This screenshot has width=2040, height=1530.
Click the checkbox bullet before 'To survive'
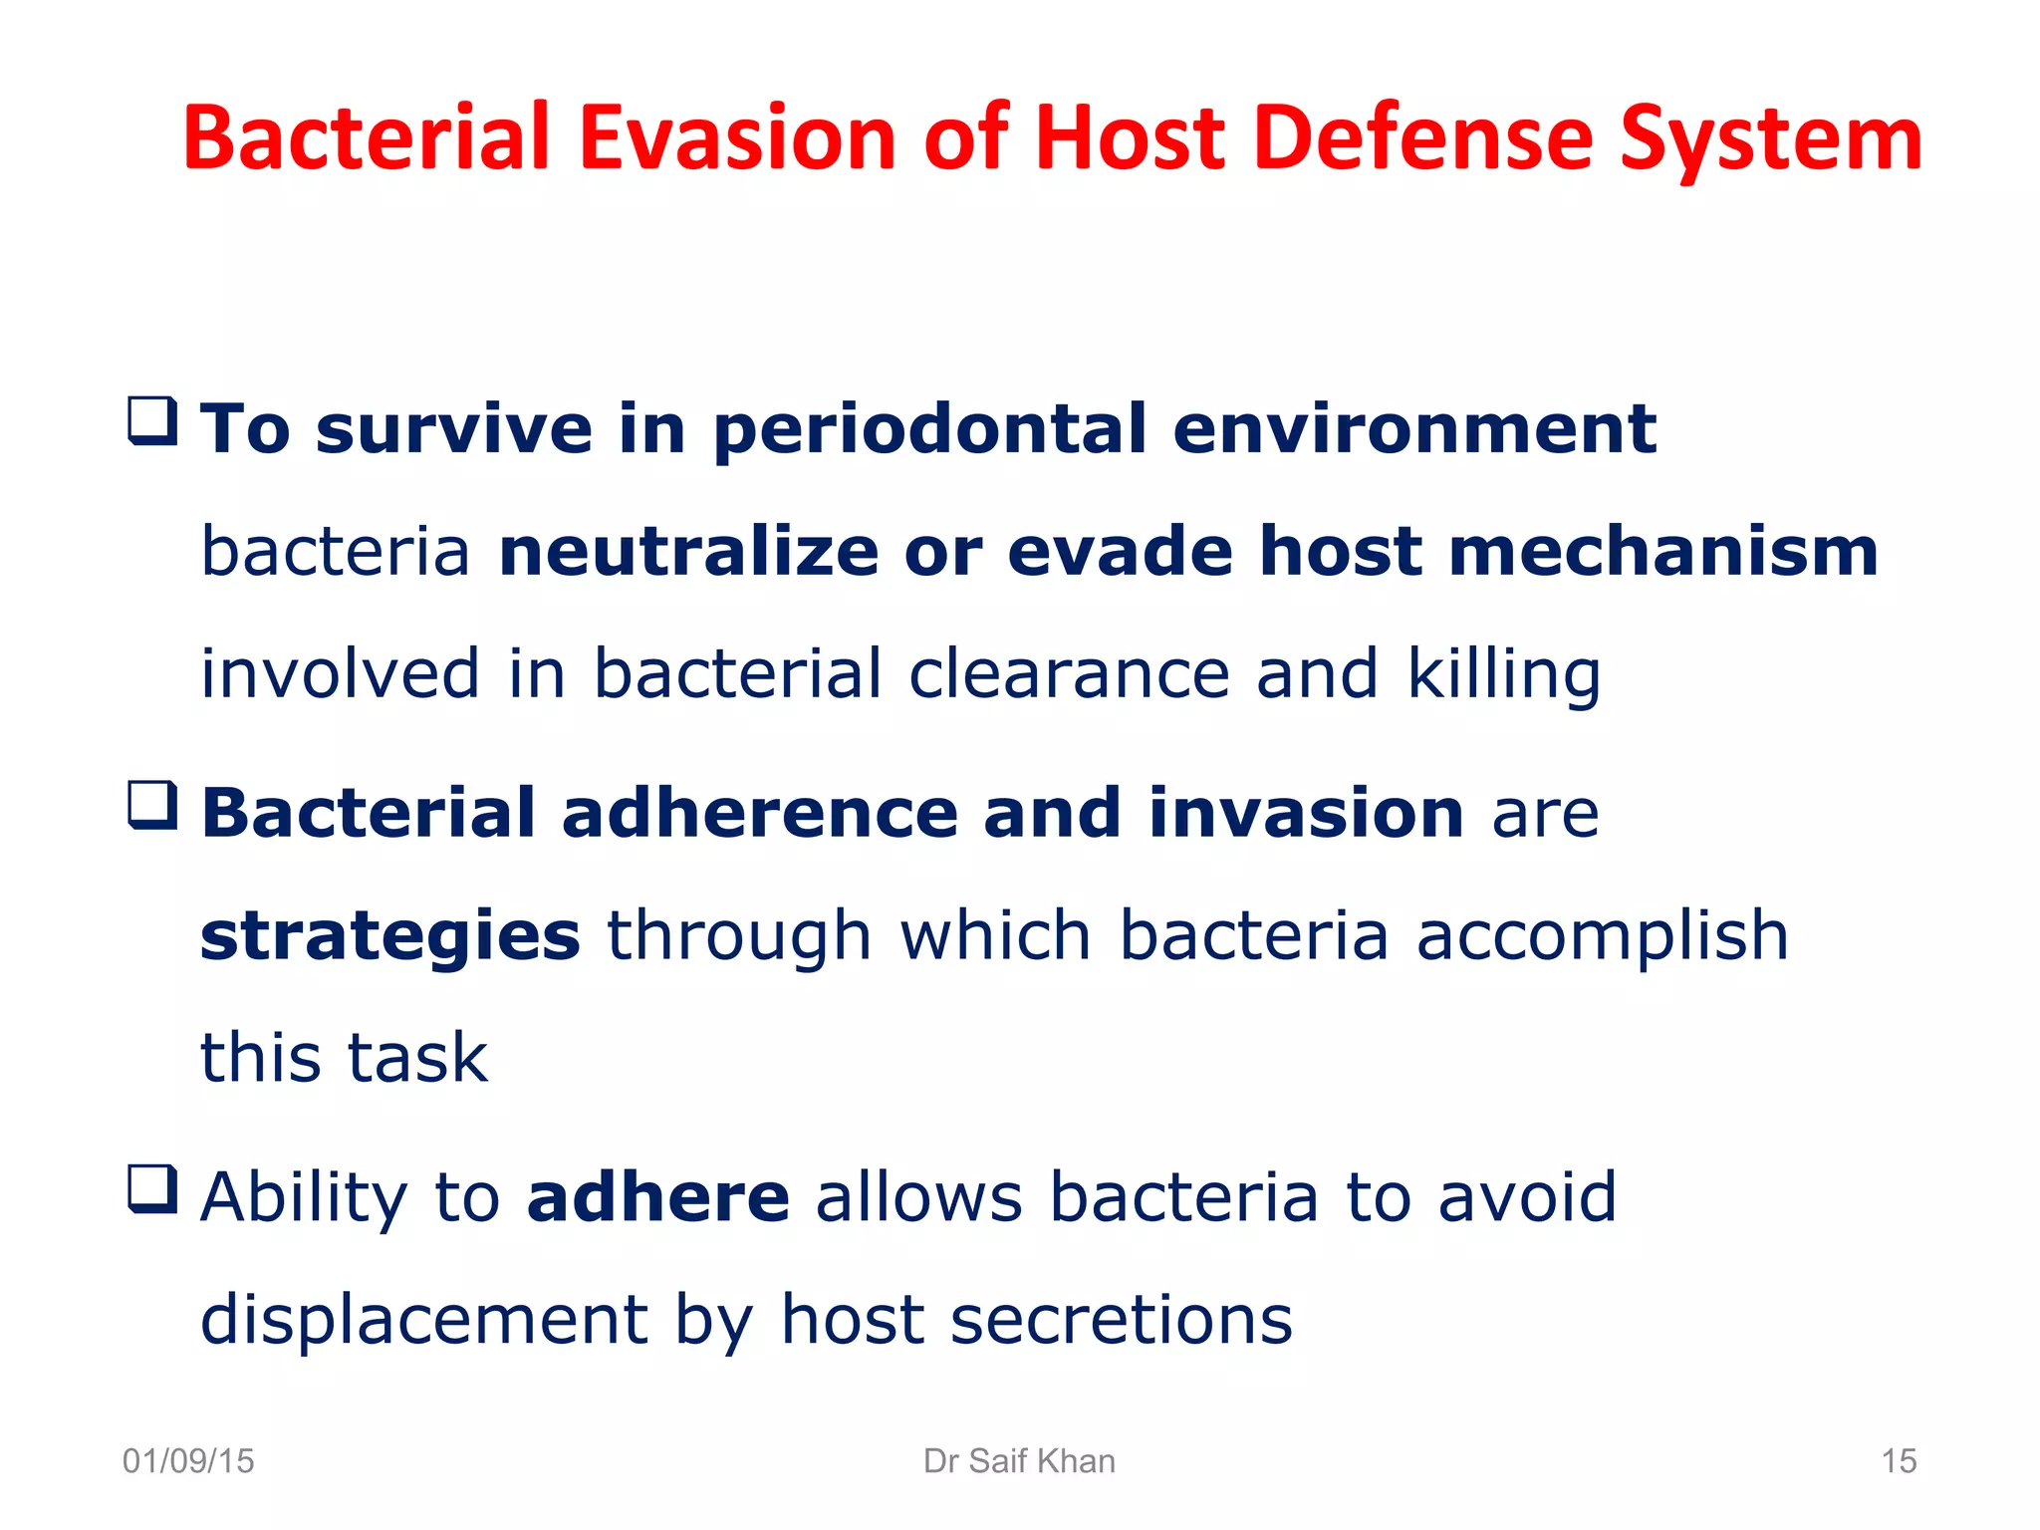pyautogui.click(x=153, y=421)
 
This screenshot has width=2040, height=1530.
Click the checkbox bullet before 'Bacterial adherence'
pyautogui.click(x=153, y=806)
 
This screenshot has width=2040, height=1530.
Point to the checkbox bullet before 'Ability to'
pyautogui.click(x=153, y=1189)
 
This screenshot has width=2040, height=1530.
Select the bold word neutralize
pyautogui.click(x=688, y=552)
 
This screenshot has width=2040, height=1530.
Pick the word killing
pyautogui.click(x=1503, y=674)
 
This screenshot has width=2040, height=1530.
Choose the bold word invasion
pyautogui.click(x=1306, y=814)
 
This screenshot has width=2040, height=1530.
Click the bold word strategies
pyautogui.click(x=389, y=936)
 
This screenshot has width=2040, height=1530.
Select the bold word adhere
pyautogui.click(x=657, y=1197)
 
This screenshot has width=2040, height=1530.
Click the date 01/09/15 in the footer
pyautogui.click(x=188, y=1461)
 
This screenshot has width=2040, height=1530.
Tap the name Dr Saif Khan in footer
pyautogui.click(x=1019, y=1461)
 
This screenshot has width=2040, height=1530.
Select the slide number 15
pyautogui.click(x=1899, y=1461)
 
